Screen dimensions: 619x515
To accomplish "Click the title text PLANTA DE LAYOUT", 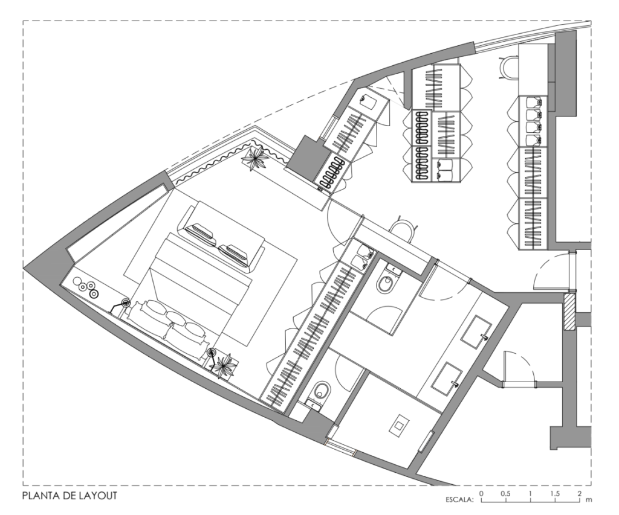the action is tap(70, 495).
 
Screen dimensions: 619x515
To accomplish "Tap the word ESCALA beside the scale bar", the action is tap(460, 500).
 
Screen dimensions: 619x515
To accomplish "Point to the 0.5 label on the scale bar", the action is tap(505, 493).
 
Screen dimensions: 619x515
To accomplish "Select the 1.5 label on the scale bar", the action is tap(555, 493).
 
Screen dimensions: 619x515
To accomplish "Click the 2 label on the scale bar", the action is tap(579, 493).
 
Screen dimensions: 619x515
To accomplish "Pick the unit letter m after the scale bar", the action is tap(589, 500).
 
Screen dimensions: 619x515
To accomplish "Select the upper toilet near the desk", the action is tap(386, 281).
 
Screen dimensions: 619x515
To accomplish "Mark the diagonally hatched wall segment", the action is tap(569, 312).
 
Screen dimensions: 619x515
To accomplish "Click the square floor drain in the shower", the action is tap(400, 425).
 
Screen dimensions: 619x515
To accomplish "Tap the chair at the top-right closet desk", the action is tap(508, 68).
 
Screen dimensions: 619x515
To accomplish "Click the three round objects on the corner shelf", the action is tap(86, 287).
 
